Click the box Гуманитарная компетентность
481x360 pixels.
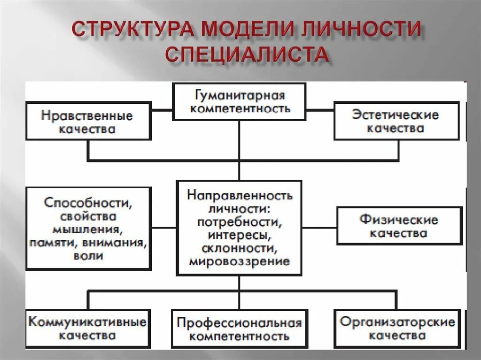point(240,102)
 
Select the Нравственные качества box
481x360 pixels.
point(88,122)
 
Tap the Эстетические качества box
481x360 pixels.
point(396,121)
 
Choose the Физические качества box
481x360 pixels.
point(399,226)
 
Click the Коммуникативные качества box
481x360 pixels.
point(88,329)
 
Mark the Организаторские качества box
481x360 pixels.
point(397,329)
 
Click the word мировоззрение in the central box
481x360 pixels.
point(240,261)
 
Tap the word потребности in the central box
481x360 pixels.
point(240,221)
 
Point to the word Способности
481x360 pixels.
point(88,203)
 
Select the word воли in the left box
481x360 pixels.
point(88,256)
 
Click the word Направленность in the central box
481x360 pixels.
point(240,194)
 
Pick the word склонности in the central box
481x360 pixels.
point(240,248)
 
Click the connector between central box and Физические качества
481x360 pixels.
point(319,228)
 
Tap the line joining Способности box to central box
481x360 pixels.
point(163,228)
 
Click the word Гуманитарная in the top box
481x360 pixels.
point(240,96)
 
